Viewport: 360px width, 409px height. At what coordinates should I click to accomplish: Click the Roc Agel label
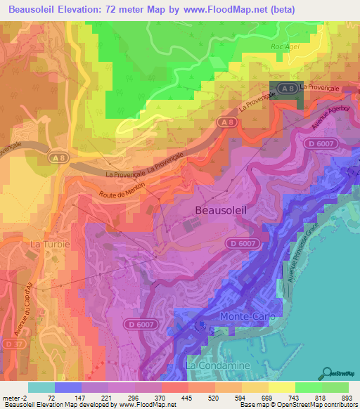285,46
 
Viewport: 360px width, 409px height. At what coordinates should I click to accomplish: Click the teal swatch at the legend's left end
41,387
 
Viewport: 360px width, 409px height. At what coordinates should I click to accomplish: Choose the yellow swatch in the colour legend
281,387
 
